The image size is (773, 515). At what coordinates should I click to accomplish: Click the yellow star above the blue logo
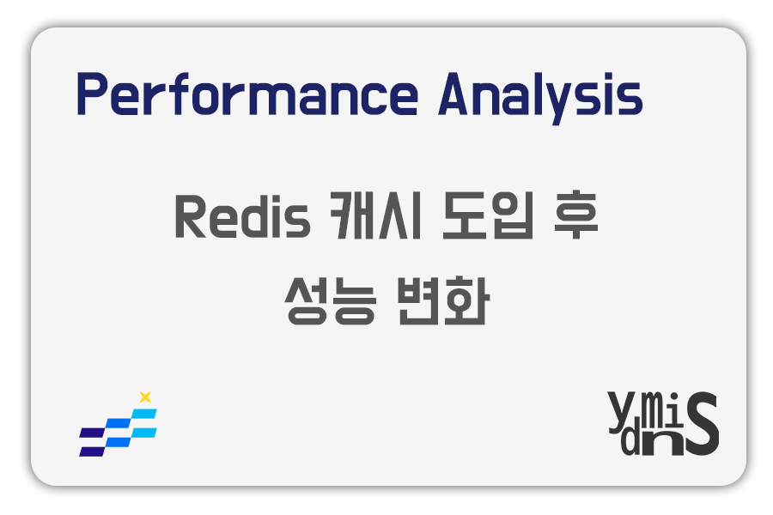tap(145, 397)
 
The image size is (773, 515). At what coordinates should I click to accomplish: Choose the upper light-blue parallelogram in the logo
tap(144, 414)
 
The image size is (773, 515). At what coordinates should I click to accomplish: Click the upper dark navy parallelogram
tap(93, 433)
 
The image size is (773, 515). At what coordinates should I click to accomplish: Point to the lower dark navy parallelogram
tap(91, 451)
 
